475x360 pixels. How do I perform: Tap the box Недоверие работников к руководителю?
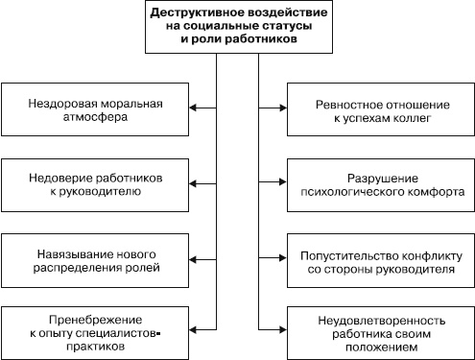tap(94, 184)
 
